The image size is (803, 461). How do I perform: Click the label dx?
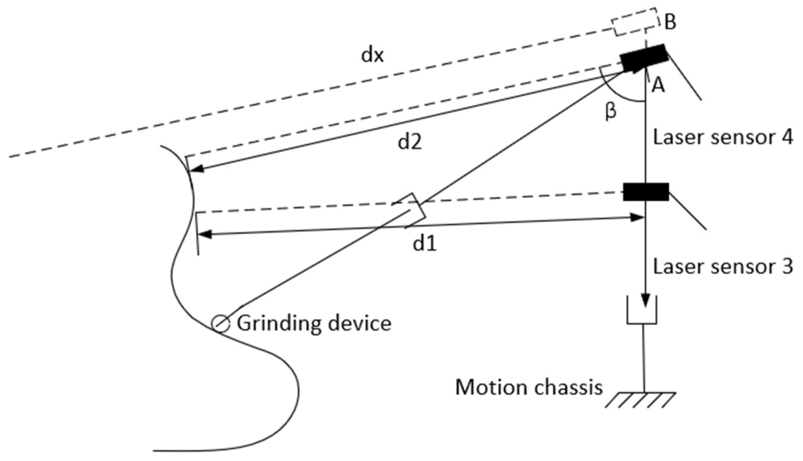(x=373, y=56)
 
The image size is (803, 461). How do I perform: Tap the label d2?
(x=409, y=142)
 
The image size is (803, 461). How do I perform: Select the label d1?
(x=425, y=244)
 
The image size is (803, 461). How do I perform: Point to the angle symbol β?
(x=611, y=112)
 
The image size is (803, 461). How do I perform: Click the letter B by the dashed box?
(x=670, y=22)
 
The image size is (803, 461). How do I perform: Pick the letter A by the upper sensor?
(x=658, y=86)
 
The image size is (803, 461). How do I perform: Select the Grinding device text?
(x=314, y=324)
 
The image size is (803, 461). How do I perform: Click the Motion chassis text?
(x=529, y=388)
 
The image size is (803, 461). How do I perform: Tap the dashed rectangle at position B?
(x=635, y=22)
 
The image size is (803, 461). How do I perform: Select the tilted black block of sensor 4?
(x=644, y=58)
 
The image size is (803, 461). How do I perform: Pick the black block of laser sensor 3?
(x=646, y=192)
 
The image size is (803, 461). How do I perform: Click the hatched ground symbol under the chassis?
(x=641, y=400)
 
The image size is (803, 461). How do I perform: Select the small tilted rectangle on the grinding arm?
(x=409, y=210)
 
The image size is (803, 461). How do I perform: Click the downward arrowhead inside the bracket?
(x=646, y=301)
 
